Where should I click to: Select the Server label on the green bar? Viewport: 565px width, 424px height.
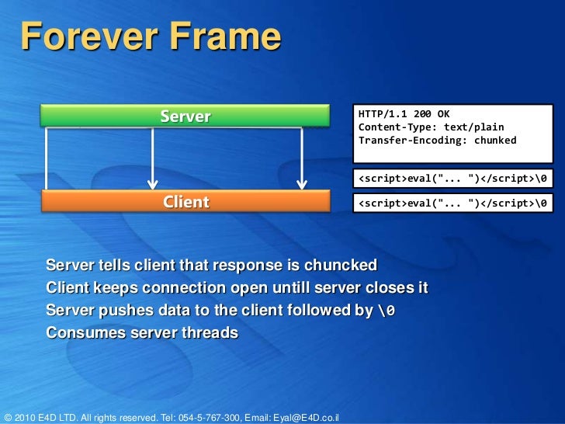[185, 116]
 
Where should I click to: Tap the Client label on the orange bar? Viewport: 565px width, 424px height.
[185, 202]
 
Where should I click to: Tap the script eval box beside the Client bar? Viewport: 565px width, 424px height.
[452, 203]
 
